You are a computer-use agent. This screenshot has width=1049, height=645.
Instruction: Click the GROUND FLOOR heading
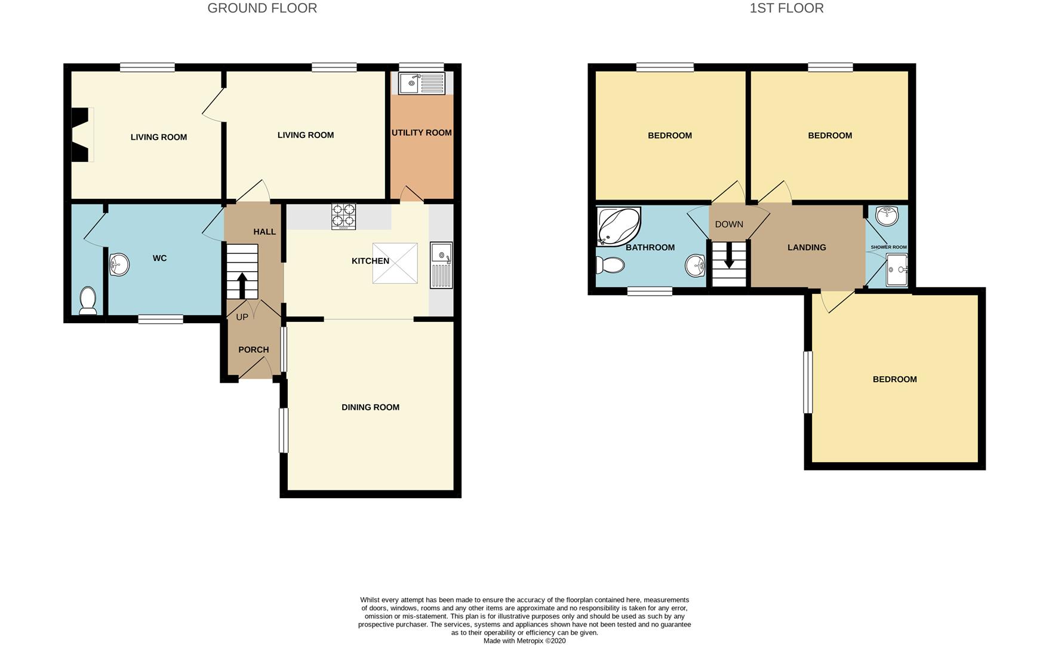[262, 8]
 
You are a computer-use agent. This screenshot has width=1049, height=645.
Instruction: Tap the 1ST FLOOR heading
[786, 8]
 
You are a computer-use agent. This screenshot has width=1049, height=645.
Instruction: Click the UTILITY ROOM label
[422, 133]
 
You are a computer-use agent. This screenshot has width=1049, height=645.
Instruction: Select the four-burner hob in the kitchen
[343, 217]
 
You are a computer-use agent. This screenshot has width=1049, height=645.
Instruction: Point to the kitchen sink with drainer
[441, 265]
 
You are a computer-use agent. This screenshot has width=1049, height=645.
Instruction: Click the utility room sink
[422, 83]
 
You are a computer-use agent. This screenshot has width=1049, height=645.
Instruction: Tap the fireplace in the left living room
[81, 134]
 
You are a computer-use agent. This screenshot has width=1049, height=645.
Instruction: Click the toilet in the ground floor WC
[88, 300]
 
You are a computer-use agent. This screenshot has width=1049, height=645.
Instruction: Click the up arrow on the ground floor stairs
[242, 285]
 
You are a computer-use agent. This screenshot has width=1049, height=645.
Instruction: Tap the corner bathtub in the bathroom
[619, 226]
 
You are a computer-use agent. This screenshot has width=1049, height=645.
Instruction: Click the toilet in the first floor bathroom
[610, 264]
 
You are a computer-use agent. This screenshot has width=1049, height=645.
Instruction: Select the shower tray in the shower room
[897, 270]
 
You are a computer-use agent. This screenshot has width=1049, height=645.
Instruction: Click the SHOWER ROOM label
[888, 247]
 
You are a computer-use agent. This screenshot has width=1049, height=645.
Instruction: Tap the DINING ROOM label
[370, 407]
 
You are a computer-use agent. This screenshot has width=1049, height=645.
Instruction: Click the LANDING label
[807, 247]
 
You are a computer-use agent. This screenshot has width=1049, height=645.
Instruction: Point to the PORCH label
[254, 349]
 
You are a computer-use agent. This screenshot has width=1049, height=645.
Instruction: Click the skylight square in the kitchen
[395, 263]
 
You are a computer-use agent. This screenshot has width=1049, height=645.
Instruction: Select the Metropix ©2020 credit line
[524, 641]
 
